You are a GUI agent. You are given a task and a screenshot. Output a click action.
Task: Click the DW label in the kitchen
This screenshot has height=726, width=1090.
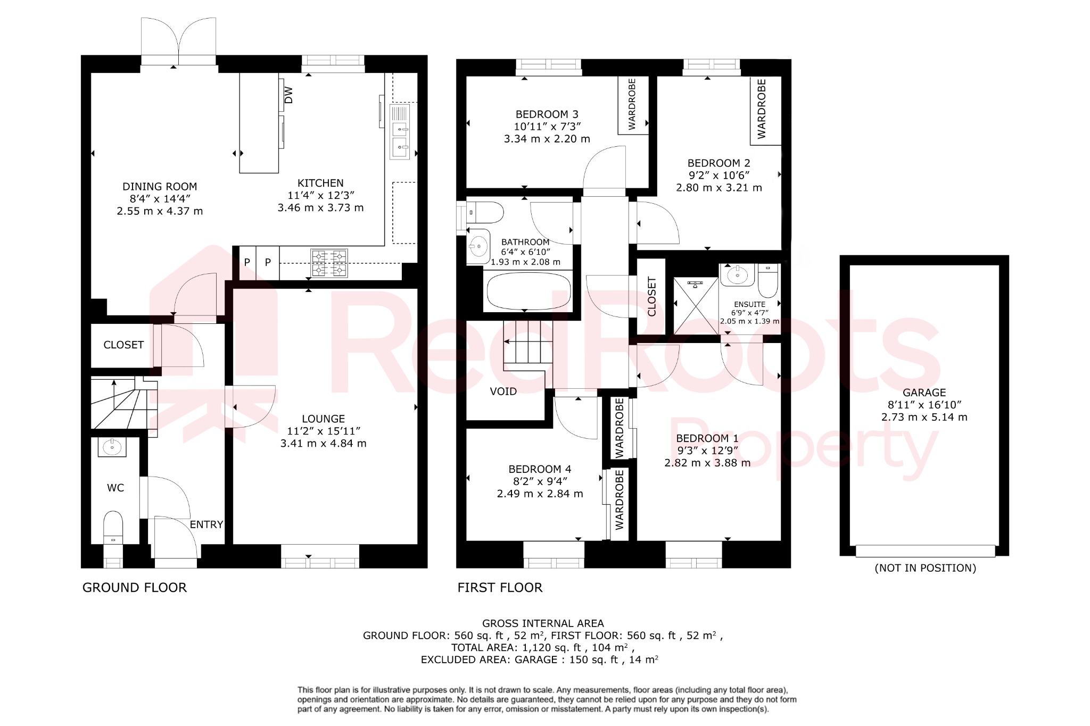pyautogui.click(x=288, y=95)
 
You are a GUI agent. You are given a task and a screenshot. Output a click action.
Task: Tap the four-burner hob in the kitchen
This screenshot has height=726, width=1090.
pyautogui.click(x=329, y=263)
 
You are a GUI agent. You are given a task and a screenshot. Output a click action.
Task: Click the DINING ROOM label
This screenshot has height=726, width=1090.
pyautogui.click(x=160, y=187)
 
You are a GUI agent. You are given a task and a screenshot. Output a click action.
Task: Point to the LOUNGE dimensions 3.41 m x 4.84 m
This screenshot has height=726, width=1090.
pyautogui.click(x=323, y=444)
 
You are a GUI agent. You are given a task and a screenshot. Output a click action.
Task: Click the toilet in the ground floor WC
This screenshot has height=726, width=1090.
pyautogui.click(x=113, y=526)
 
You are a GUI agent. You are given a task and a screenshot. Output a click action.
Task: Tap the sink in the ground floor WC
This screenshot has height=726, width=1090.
pyautogui.click(x=112, y=447)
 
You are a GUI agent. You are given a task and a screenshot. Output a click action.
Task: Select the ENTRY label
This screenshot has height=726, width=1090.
pyautogui.click(x=207, y=524)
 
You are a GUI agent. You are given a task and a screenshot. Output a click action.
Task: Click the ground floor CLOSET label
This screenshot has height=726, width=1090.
pyautogui.click(x=123, y=345)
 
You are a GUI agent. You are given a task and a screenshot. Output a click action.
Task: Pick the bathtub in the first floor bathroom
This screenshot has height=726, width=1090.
pyautogui.click(x=529, y=291)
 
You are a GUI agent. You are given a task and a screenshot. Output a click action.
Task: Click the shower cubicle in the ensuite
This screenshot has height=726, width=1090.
pyautogui.click(x=696, y=306)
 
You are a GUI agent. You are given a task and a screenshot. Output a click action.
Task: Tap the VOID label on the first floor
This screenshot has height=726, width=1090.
pyautogui.click(x=503, y=391)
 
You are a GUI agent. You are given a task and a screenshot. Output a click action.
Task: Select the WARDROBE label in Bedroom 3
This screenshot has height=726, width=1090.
pyautogui.click(x=632, y=104)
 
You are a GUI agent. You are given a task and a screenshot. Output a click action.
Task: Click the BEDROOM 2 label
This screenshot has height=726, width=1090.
pyautogui.click(x=719, y=163)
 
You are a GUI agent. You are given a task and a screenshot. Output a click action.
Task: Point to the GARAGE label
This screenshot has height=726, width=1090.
pyautogui.click(x=924, y=393)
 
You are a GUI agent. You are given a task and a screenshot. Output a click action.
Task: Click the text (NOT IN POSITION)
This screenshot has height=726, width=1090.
pyautogui.click(x=925, y=568)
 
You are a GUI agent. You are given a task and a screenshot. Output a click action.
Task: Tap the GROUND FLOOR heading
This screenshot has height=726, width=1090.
pyautogui.click(x=135, y=588)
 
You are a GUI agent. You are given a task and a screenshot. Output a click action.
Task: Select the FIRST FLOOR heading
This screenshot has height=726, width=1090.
pyautogui.click(x=500, y=588)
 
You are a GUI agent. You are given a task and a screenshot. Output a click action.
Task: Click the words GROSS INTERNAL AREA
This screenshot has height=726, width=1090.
pyautogui.click(x=543, y=623)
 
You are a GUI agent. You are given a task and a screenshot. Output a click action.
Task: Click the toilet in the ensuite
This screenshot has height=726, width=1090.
pyautogui.click(x=767, y=282)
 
